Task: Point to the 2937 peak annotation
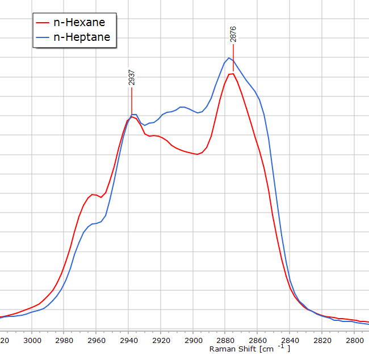point(132,78)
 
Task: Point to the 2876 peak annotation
point(233,35)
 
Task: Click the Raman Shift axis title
point(249,349)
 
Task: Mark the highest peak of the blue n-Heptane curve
point(229,58)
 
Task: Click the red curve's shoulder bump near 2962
point(93,194)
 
